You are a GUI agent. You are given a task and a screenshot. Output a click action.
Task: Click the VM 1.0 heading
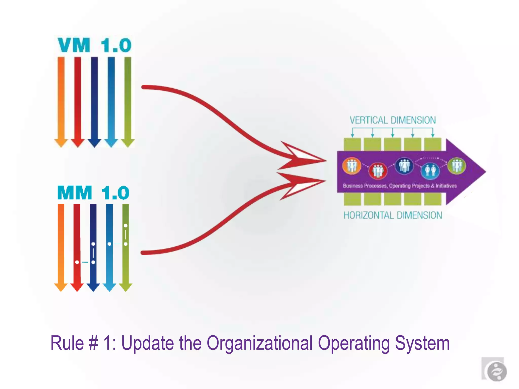click(95, 45)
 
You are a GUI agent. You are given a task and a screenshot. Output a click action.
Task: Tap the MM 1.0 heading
click(93, 193)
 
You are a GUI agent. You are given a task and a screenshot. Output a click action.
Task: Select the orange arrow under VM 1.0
click(61, 101)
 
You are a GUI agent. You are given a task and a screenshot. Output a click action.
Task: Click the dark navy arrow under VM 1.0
click(94, 101)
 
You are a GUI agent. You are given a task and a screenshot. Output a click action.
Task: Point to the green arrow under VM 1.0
click(128, 101)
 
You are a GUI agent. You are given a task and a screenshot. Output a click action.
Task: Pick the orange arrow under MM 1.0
click(61, 246)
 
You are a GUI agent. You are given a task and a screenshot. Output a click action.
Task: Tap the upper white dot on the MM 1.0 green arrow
click(125, 226)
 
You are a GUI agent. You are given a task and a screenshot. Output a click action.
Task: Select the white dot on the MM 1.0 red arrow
click(77, 262)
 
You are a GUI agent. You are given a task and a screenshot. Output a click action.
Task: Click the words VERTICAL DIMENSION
click(393, 120)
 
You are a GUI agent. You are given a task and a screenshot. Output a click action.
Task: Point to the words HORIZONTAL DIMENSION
click(393, 215)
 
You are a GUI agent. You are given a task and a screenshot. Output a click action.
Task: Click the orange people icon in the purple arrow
click(351, 166)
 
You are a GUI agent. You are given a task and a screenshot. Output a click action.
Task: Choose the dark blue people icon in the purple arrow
click(404, 166)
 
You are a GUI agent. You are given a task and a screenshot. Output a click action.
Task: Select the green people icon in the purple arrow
click(457, 166)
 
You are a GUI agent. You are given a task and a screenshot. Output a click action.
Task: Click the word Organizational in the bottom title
click(259, 343)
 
